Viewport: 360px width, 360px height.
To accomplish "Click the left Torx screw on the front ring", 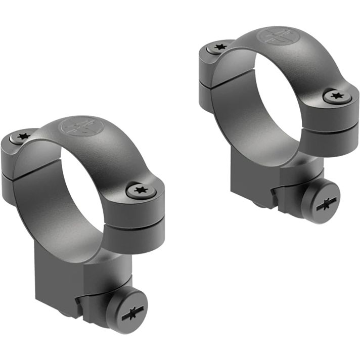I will pyautogui.click(x=23, y=137).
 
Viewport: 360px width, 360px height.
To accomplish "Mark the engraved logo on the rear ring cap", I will pyautogui.click(x=277, y=36).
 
